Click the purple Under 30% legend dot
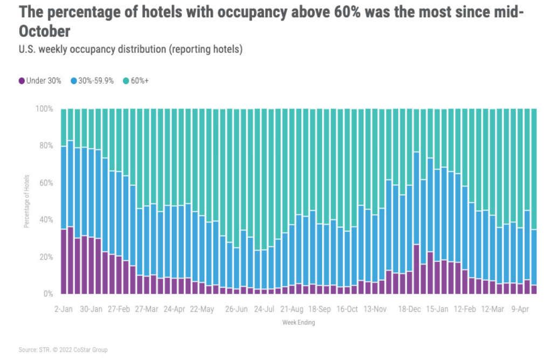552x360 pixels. [22, 81]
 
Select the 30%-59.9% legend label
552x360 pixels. [95, 81]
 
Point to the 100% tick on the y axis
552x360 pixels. [45, 109]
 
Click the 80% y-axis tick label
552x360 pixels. [46, 146]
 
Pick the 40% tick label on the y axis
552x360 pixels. [46, 220]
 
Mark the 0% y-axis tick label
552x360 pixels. [48, 294]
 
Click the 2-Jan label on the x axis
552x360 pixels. [64, 309]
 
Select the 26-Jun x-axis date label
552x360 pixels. [237, 309]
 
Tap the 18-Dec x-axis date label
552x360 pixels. [410, 309]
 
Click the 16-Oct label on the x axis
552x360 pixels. [347, 309]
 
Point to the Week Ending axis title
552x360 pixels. [298, 323]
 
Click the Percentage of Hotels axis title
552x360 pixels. [26, 201]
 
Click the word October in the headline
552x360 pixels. [45, 31]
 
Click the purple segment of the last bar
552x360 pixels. [534, 289]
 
